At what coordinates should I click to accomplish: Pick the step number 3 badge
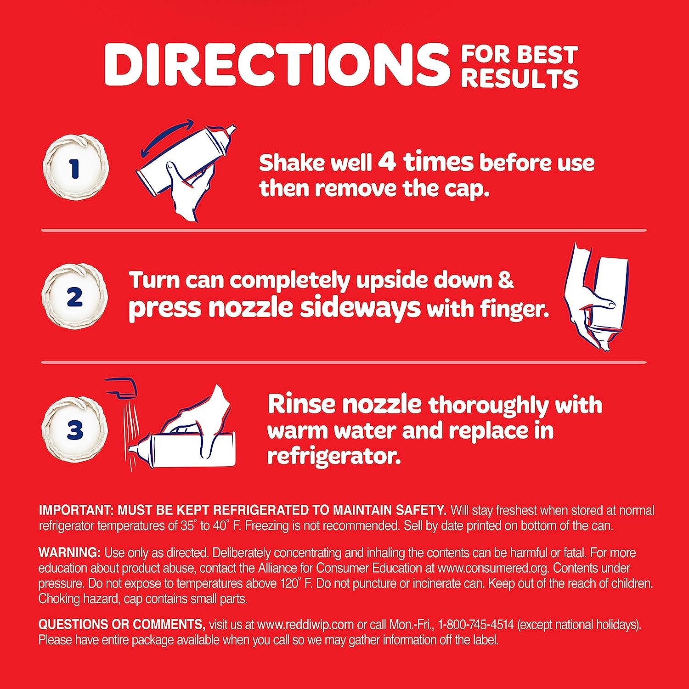[x=74, y=429]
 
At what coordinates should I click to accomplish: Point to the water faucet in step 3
[x=122, y=387]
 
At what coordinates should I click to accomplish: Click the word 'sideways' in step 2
[x=360, y=307]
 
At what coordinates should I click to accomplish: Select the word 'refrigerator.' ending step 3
[x=333, y=457]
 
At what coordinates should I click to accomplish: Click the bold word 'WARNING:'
[x=69, y=552]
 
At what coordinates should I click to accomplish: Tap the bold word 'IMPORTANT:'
[x=76, y=510]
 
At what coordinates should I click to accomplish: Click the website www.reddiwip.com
[x=305, y=625]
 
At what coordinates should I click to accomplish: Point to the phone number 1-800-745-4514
[x=476, y=625]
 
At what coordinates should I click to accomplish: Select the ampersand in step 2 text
[x=505, y=280]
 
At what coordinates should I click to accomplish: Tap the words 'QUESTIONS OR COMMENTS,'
[x=122, y=625]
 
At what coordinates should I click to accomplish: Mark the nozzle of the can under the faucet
[x=136, y=449]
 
